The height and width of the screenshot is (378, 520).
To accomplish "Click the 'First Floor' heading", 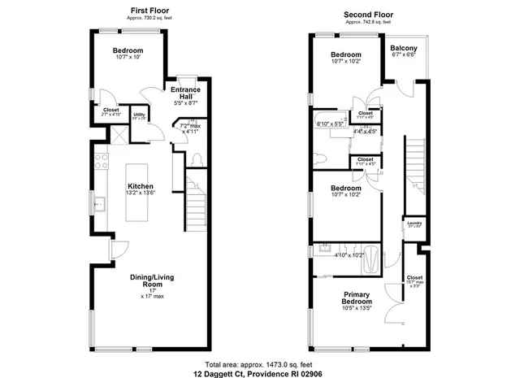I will [149, 10].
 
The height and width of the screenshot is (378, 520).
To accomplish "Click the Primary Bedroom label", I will [357, 298].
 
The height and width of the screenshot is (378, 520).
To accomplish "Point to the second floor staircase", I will [415, 163].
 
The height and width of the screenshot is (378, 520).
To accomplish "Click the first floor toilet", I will [197, 157].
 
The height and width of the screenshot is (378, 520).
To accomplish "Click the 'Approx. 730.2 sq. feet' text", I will [149, 17].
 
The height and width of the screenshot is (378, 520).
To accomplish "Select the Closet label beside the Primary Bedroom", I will [414, 278].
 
